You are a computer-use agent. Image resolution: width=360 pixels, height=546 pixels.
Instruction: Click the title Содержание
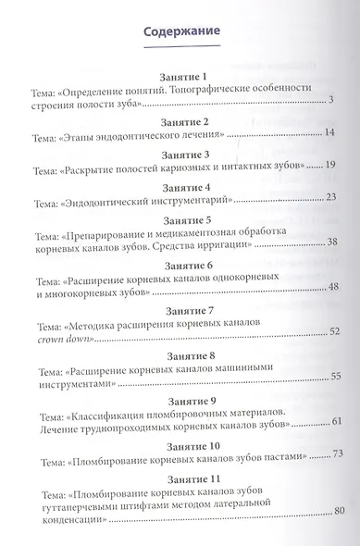pyautogui.click(x=181, y=32)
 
